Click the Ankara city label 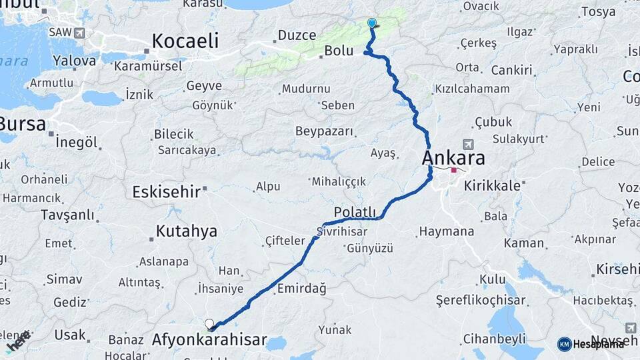coord(453,159)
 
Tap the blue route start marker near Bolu coord(372,23)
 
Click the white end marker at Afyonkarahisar coord(209,325)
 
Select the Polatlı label coord(355,211)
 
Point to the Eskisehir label coord(166,192)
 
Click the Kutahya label coord(186,231)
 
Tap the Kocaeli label coord(185,41)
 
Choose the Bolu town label coord(338,51)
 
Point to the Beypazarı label coord(324,131)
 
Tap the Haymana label coord(446,232)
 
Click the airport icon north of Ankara coord(468,145)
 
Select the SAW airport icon coord(81,32)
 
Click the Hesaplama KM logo coord(591,343)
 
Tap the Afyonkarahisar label coord(209,340)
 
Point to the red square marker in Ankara coord(454,170)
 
